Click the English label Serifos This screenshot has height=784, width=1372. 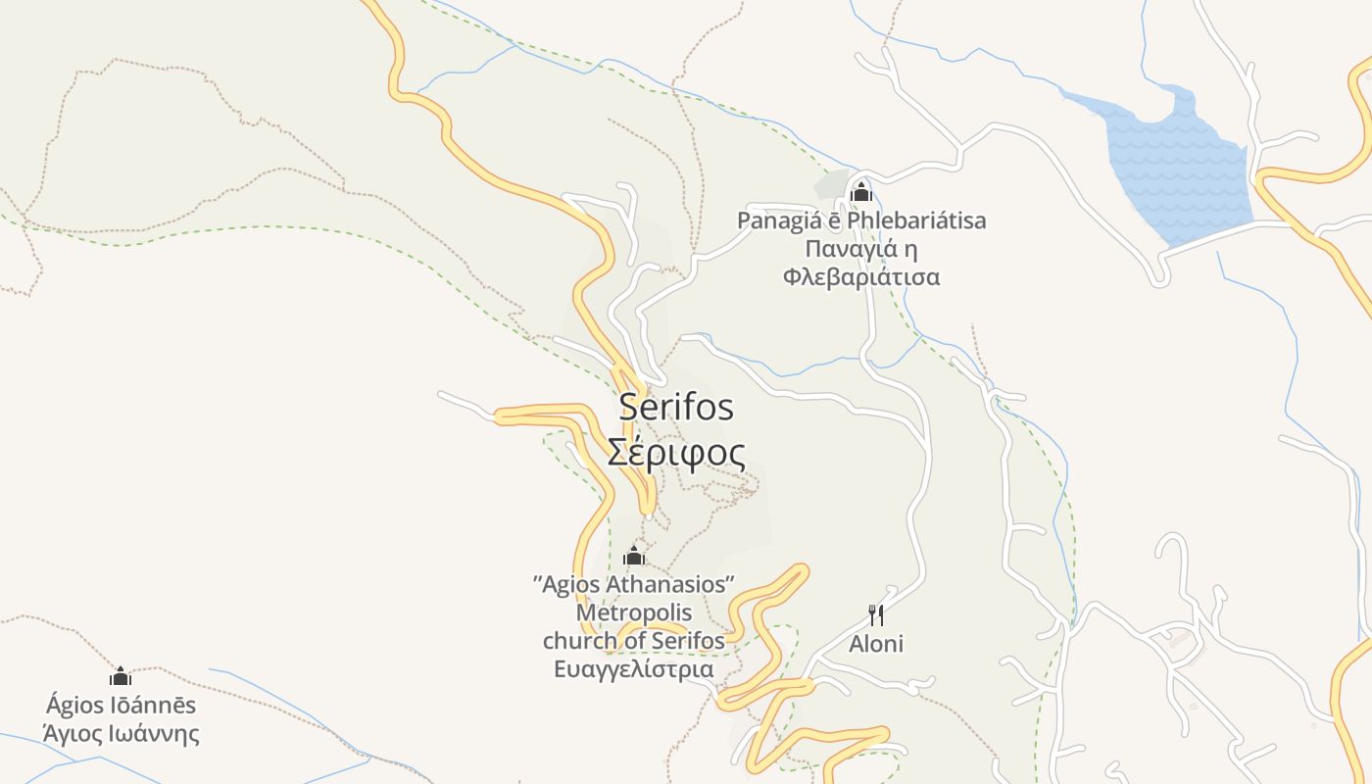pos(675,407)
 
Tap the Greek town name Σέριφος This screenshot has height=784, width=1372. pos(675,453)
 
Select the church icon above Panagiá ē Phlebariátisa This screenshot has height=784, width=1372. pos(860,191)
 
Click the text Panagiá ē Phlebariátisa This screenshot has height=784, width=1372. pos(861,220)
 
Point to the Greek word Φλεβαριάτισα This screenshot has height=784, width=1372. pos(861,277)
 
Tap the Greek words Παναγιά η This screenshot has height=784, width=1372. pos(861,249)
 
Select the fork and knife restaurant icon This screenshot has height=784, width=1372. pos(876,615)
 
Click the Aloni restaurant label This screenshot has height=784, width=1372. pos(876,644)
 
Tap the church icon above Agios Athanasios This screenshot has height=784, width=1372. pos(634,556)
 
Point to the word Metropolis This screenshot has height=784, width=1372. pos(634,613)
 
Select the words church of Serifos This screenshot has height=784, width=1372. pos(634,641)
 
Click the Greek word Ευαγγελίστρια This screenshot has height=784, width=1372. pos(634,670)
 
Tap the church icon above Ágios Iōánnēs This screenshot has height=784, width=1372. pos(121,676)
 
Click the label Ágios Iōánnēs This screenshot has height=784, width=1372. pos(121,706)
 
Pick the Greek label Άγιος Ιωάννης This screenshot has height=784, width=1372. pos(121,734)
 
